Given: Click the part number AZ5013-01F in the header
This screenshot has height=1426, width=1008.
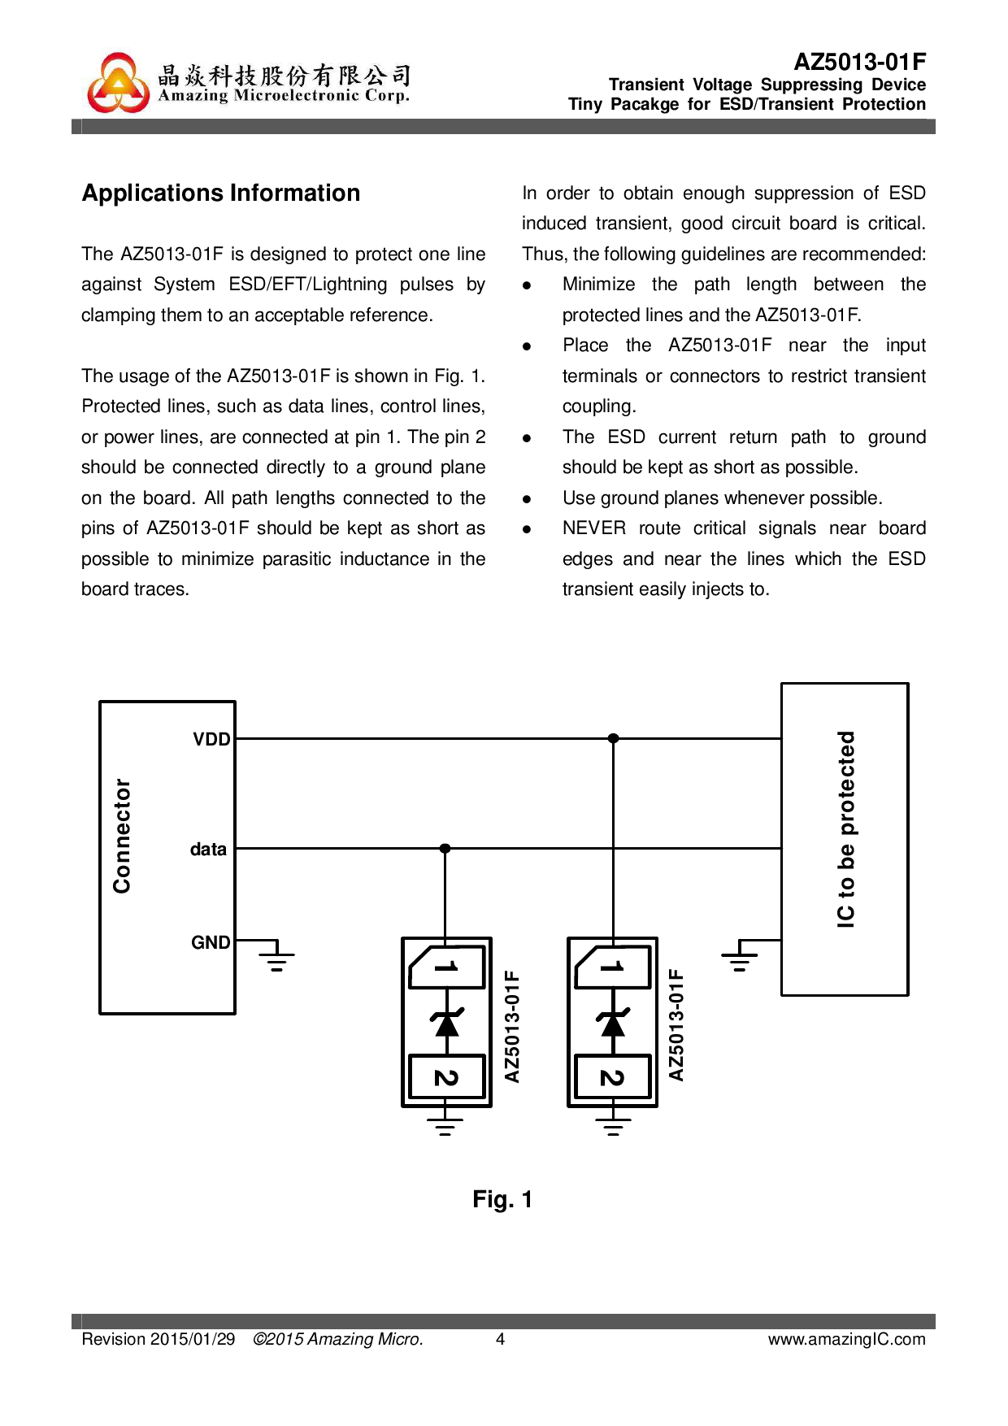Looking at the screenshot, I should point(859,62).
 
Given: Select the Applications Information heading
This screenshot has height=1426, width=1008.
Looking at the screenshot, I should point(221,193).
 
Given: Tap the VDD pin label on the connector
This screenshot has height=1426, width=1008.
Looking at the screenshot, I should point(211,739).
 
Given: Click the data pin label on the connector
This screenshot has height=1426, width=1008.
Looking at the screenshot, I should point(208,849).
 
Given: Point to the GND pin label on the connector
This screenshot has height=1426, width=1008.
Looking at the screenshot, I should point(211,942).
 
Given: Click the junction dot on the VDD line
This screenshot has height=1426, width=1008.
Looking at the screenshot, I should point(613,738).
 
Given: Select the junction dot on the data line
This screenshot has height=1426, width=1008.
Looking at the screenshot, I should point(445,848).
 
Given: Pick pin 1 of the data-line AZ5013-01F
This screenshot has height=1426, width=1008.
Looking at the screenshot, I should point(446,967).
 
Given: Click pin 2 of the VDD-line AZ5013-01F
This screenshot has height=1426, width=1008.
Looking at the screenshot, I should point(612,1077).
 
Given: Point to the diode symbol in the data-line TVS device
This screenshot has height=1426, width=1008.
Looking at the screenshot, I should point(446,1023).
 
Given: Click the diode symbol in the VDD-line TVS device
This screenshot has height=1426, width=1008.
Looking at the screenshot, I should point(612,1023).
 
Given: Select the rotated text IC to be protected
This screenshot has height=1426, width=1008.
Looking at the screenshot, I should point(846,829).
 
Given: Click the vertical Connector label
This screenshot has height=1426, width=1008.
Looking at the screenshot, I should point(122,836).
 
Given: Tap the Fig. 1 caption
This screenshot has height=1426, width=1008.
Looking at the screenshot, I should point(502,1199).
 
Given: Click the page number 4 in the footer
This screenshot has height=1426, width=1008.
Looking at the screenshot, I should point(501,1339).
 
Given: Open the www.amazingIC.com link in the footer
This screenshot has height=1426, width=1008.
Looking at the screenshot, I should point(846,1339).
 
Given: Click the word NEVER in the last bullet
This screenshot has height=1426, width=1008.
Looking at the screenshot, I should point(593,528).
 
